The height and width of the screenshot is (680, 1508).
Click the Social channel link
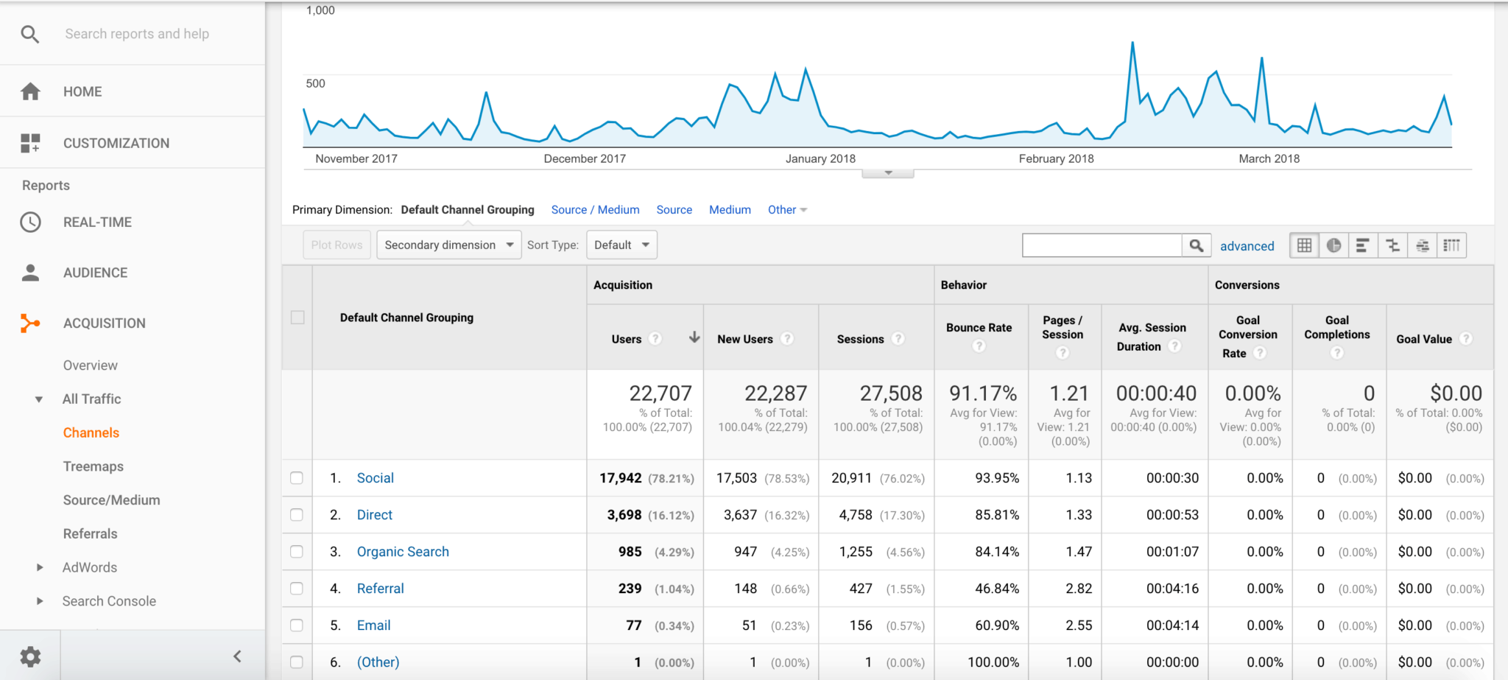point(376,478)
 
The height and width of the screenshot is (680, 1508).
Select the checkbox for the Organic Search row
point(297,552)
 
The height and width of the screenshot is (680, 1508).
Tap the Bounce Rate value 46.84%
point(997,589)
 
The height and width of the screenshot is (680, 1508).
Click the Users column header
point(627,339)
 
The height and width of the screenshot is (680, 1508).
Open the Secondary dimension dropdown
point(448,245)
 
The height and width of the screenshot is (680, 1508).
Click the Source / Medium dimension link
point(595,210)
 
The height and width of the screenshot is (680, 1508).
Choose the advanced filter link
point(1247,246)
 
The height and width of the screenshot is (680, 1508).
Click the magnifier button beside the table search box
point(1197,245)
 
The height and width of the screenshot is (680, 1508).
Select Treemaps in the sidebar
point(94,466)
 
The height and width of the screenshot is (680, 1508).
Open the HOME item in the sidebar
point(82,91)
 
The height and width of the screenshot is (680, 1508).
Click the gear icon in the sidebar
point(30,656)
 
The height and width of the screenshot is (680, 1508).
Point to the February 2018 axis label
point(1056,158)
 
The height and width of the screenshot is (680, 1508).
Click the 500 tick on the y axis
point(315,83)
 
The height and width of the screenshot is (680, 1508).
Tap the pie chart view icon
point(1333,245)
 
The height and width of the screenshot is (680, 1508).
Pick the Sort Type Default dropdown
point(621,245)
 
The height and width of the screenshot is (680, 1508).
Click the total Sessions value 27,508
point(891,393)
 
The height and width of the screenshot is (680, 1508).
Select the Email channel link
point(374,625)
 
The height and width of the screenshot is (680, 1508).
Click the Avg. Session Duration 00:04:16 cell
point(1172,589)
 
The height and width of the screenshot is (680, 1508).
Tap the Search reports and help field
point(137,34)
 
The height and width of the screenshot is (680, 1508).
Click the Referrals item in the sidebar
point(91,533)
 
